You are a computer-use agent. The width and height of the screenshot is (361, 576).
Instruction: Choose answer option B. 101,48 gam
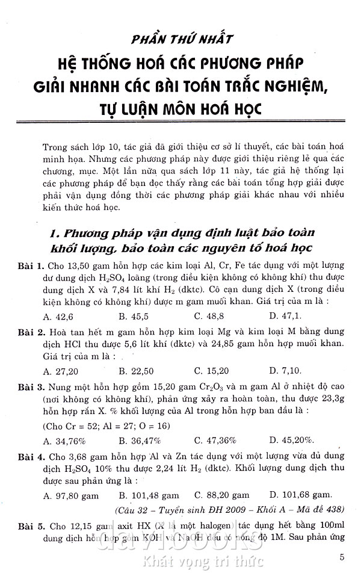[x=148, y=495]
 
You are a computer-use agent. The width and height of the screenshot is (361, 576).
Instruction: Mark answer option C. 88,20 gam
[x=221, y=495]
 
